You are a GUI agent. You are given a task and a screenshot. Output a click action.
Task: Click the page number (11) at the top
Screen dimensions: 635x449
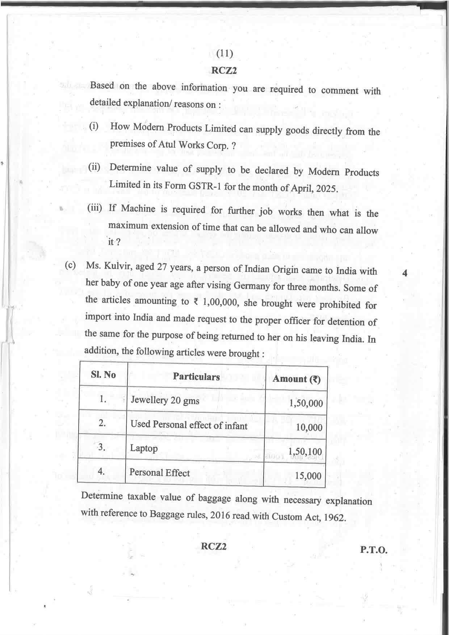[x=224, y=54]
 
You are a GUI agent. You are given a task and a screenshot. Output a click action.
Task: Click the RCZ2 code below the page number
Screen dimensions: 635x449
[x=224, y=71]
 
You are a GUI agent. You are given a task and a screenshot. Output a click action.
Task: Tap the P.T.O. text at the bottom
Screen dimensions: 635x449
[x=373, y=550]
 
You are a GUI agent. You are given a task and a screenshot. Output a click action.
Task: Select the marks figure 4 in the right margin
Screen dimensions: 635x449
[x=404, y=274]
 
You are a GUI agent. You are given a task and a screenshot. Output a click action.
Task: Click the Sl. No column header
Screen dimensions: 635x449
[x=103, y=374]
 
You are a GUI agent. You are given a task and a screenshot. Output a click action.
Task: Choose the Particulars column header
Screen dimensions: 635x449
[x=196, y=377]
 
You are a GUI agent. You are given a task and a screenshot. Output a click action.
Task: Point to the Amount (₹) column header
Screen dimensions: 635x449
[x=297, y=379]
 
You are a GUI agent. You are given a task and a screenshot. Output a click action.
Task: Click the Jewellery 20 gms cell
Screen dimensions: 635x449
[x=165, y=400]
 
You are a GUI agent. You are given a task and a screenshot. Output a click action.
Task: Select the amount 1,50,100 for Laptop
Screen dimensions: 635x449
[x=305, y=451]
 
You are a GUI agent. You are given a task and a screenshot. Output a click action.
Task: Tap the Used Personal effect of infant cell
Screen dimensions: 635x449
[x=189, y=425]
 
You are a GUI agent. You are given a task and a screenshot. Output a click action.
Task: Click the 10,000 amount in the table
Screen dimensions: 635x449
[x=309, y=427]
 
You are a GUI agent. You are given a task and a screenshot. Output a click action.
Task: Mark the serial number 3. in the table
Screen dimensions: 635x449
[x=102, y=447]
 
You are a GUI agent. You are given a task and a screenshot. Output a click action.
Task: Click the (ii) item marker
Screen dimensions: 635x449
[x=94, y=167]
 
